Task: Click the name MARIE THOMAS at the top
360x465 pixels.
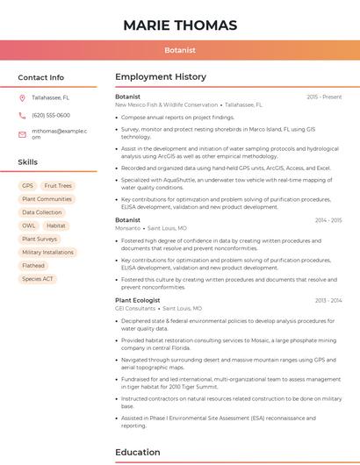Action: click(180, 25)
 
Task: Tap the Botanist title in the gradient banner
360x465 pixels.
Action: click(180, 51)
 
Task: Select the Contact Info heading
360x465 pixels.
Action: click(41, 77)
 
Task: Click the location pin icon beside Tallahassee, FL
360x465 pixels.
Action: click(22, 97)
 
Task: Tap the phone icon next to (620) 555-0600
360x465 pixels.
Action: click(22, 115)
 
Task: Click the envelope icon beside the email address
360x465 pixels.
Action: click(22, 133)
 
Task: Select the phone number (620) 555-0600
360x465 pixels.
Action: click(51, 115)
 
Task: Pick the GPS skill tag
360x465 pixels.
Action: click(27, 186)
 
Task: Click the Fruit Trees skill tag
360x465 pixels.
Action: click(58, 186)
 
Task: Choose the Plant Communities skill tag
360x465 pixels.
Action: click(47, 199)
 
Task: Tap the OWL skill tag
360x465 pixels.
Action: click(29, 225)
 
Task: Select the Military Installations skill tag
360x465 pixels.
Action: click(47, 252)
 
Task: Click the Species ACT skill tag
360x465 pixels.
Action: click(38, 279)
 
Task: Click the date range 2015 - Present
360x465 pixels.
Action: click(324, 97)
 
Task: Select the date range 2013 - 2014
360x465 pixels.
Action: click(328, 300)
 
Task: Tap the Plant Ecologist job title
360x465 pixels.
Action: click(138, 300)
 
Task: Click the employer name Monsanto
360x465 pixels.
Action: click(127, 228)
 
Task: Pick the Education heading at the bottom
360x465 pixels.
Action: click(138, 453)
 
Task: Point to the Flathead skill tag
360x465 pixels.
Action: click(33, 265)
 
